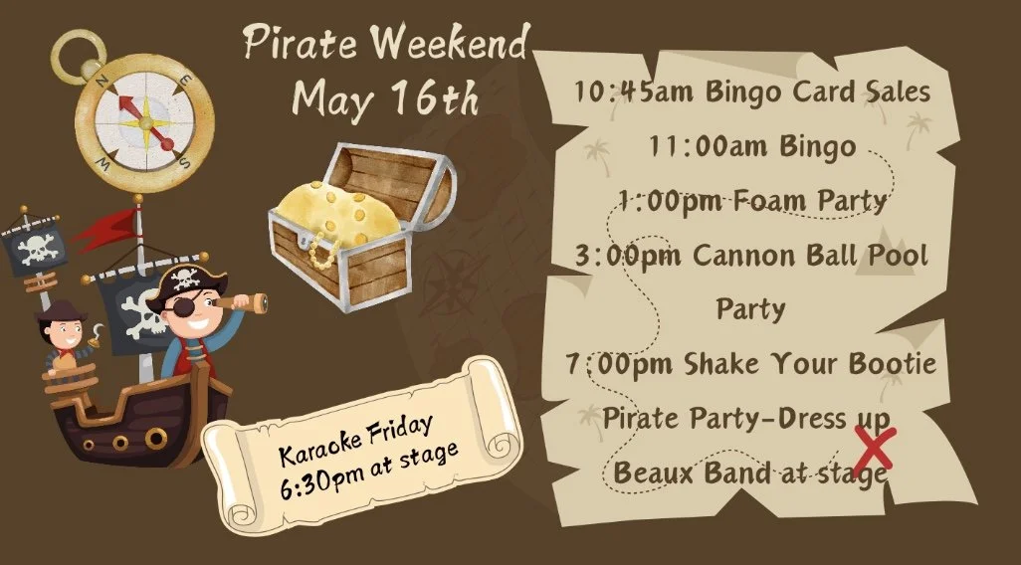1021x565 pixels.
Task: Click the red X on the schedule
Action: pos(873,450)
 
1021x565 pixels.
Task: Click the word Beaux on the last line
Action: pos(653,472)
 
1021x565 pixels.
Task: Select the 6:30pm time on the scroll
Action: pos(314,478)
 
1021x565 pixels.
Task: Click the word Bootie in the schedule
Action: pos(892,364)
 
